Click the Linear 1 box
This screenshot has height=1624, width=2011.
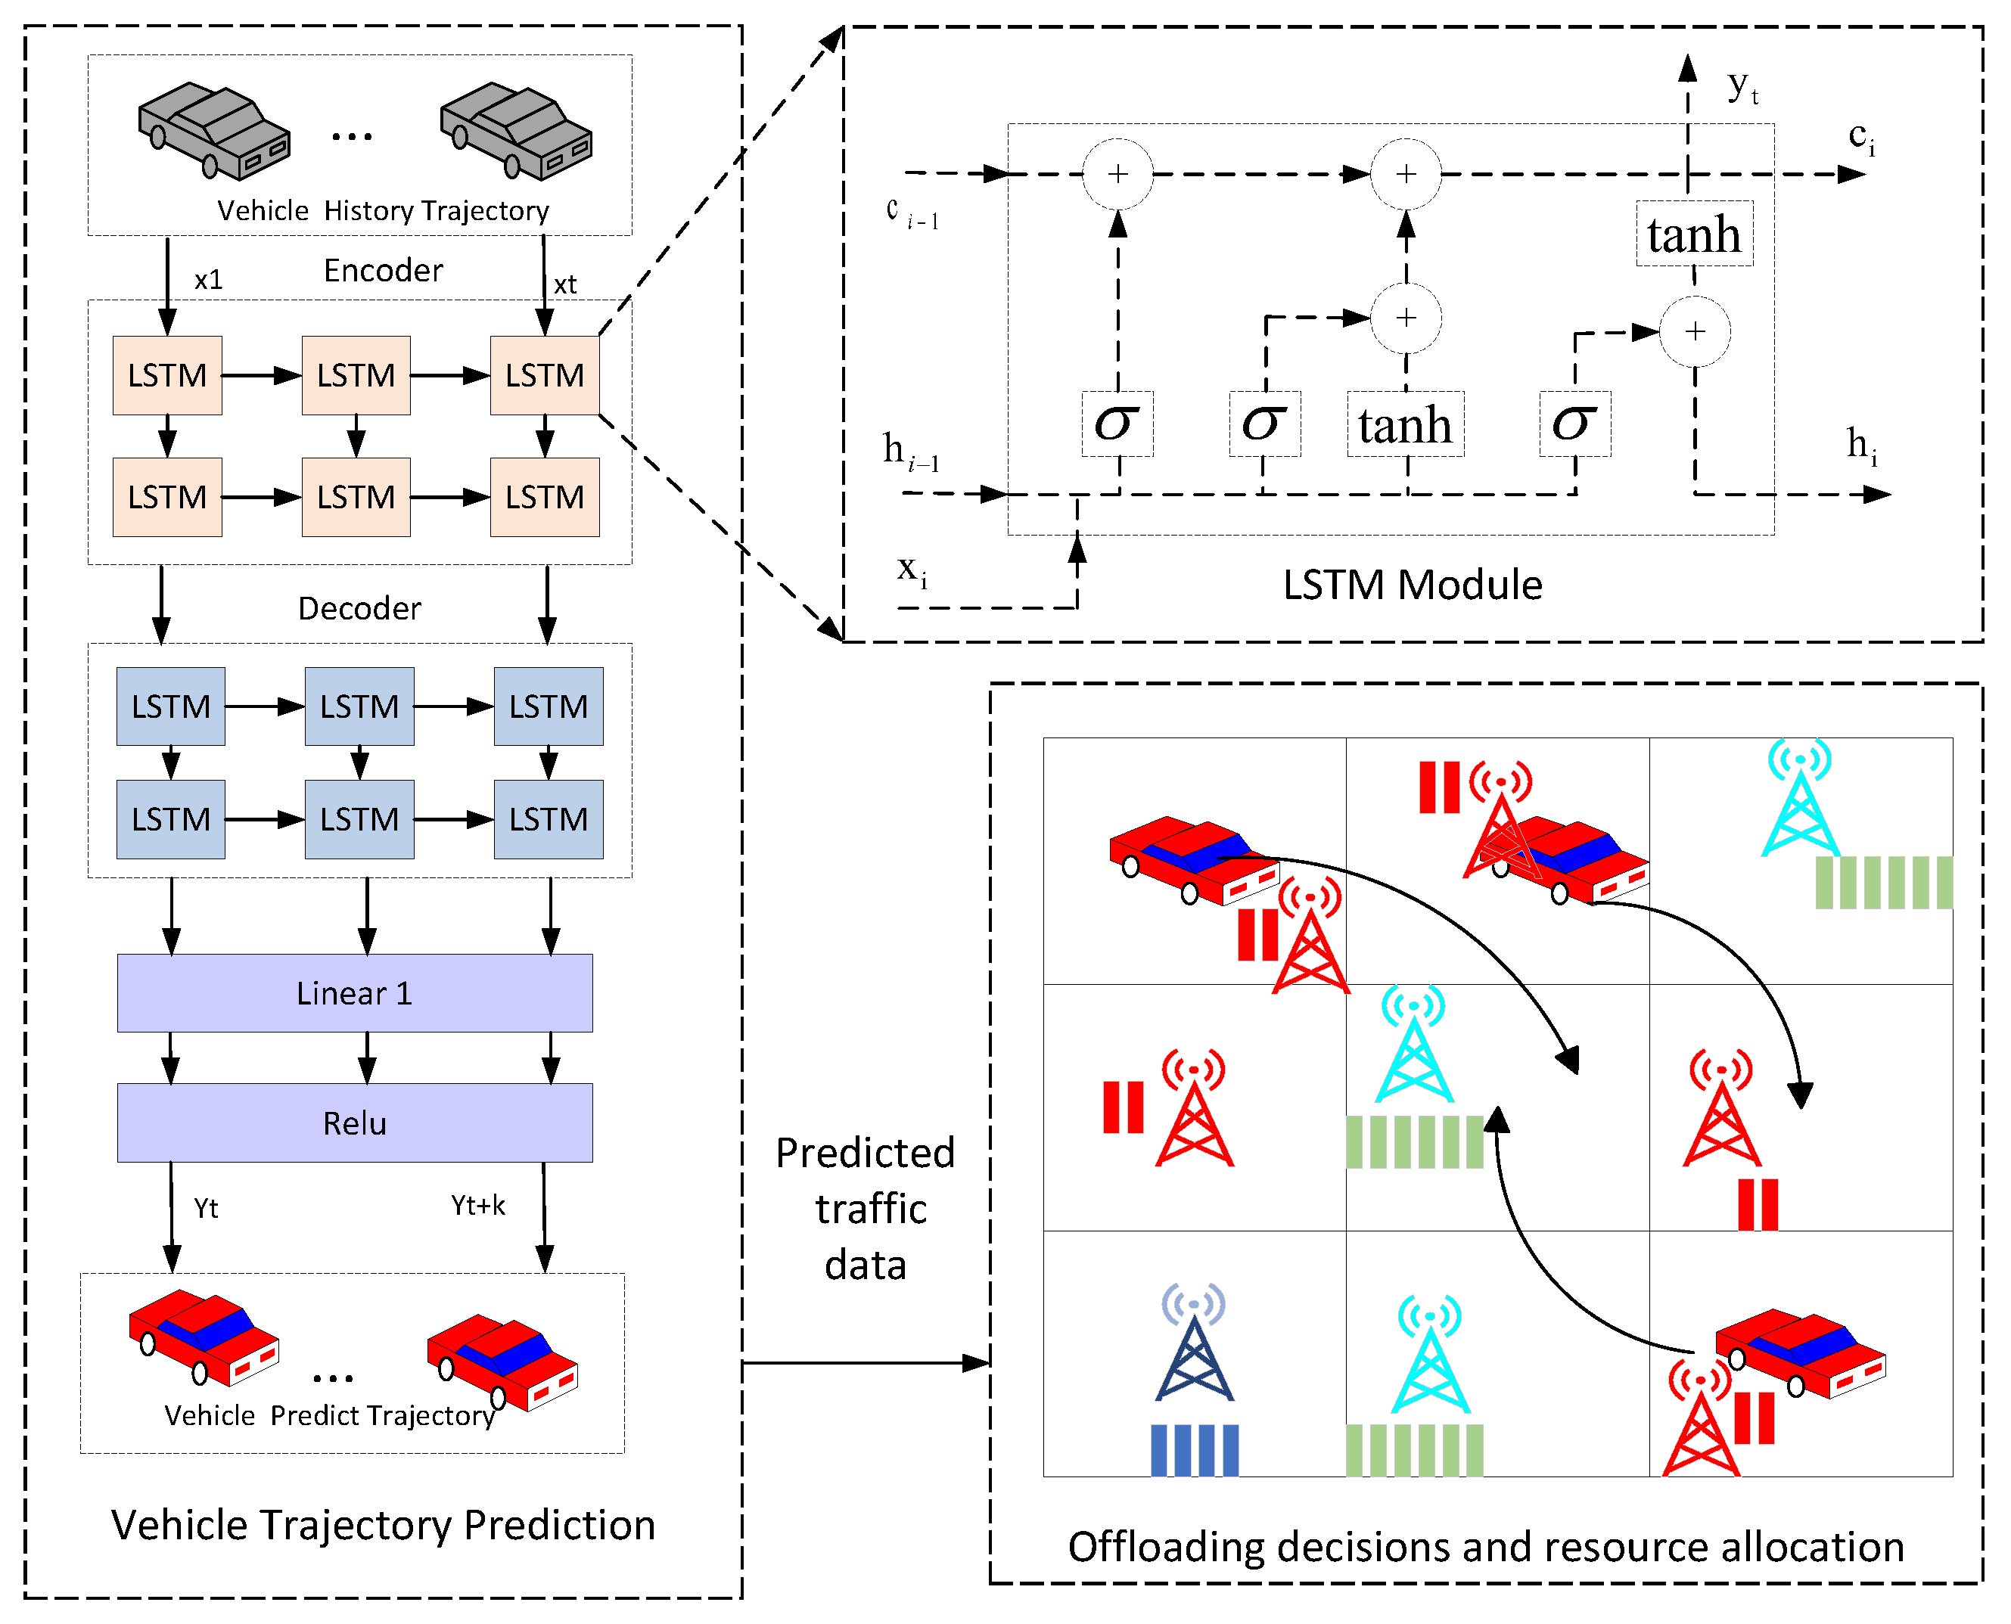click(x=355, y=992)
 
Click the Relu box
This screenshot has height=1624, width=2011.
click(x=355, y=1123)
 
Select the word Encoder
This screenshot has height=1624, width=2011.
click(x=383, y=270)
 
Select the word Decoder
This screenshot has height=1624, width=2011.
click(x=359, y=608)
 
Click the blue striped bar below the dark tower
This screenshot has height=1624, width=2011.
click(x=1194, y=1450)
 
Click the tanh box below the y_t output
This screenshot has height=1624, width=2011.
click(x=1694, y=234)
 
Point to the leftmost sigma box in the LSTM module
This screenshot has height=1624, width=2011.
click(x=1117, y=424)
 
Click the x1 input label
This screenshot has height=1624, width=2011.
click(x=208, y=280)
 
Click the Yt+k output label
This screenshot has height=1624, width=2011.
click(x=477, y=1205)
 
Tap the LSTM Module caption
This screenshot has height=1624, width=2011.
click(x=1411, y=585)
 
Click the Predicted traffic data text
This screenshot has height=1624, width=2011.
click(x=866, y=1208)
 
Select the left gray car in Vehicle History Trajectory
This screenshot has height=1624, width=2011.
click(x=214, y=131)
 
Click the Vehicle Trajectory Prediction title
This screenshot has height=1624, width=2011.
click(x=383, y=1525)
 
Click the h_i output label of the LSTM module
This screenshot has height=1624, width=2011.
click(x=1861, y=446)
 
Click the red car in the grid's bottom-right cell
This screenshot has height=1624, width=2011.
click(x=1799, y=1352)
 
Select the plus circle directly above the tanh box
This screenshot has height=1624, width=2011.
click(x=1406, y=318)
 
